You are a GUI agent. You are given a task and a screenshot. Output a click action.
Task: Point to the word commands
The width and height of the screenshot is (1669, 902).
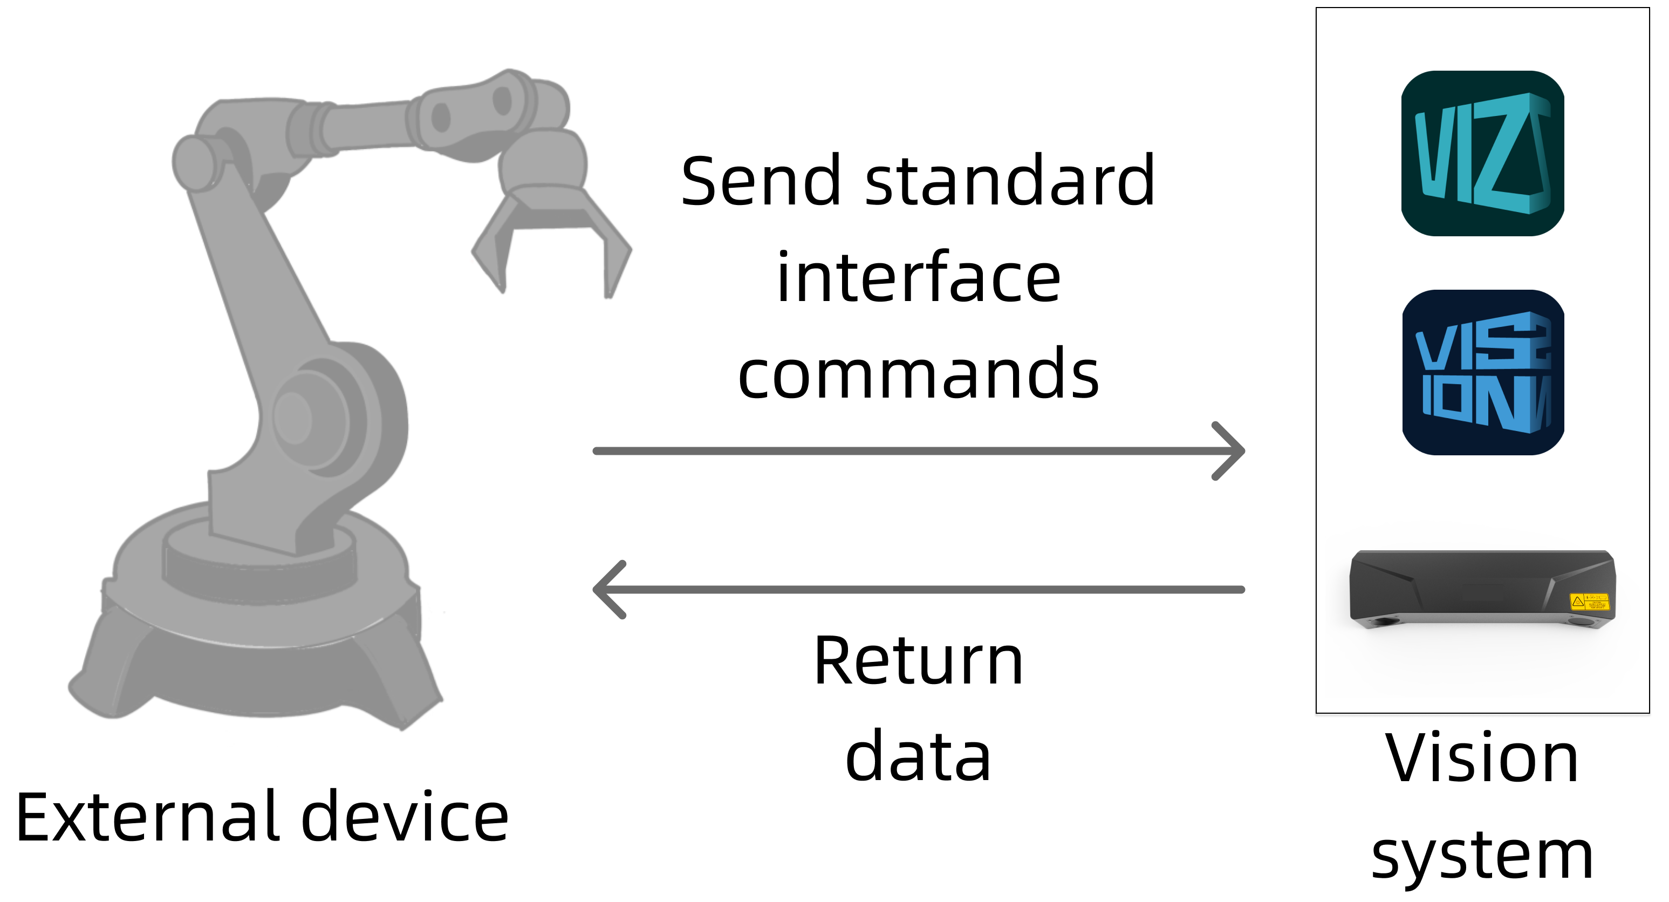click(918, 374)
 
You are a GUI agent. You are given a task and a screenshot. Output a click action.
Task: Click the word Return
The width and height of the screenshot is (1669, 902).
click(918, 661)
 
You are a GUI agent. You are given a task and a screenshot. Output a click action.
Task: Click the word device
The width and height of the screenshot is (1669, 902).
click(405, 818)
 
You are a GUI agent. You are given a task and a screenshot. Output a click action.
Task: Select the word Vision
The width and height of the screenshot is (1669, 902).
click(1482, 758)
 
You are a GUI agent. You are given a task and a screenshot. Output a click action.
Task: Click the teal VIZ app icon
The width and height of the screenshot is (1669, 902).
click(1482, 154)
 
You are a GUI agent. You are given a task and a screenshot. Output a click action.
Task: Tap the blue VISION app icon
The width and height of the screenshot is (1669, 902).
click(1482, 373)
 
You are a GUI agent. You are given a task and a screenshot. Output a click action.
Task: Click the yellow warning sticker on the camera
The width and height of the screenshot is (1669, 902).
click(1589, 602)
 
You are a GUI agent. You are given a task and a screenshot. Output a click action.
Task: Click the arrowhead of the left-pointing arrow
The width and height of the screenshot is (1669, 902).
click(608, 590)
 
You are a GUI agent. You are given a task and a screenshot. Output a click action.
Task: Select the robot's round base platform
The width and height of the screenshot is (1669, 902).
click(259, 616)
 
